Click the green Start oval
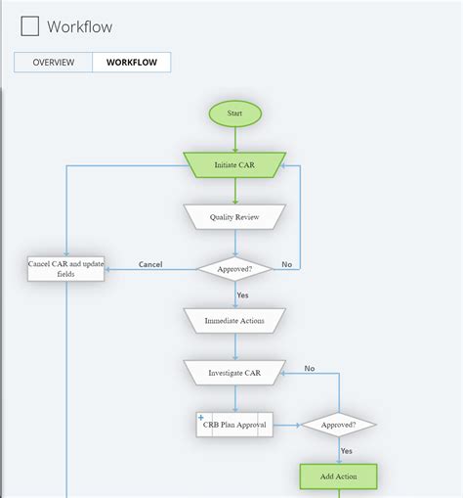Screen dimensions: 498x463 click(234, 113)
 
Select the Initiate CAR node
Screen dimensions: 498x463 click(234, 164)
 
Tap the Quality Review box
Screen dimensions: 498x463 click(234, 217)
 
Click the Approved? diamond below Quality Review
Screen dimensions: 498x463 click(234, 268)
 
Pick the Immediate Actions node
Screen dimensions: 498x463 click(234, 321)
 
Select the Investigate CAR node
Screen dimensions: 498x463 click(234, 373)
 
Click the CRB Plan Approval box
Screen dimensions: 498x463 click(234, 424)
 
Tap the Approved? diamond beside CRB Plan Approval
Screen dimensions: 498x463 click(338, 425)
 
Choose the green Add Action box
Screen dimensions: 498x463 click(338, 476)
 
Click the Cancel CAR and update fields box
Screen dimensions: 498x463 click(65, 269)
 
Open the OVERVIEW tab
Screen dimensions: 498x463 click(54, 63)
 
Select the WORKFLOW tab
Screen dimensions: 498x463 click(132, 63)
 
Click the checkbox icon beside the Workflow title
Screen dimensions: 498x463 click(30, 26)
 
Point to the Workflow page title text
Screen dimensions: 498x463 click(79, 26)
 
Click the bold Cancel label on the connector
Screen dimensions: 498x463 click(150, 264)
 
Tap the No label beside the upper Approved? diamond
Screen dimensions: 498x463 click(286, 264)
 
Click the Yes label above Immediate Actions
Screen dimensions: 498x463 click(242, 294)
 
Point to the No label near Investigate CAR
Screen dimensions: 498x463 click(309, 369)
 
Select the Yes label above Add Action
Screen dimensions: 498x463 click(346, 451)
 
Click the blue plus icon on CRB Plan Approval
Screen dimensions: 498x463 click(201, 418)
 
